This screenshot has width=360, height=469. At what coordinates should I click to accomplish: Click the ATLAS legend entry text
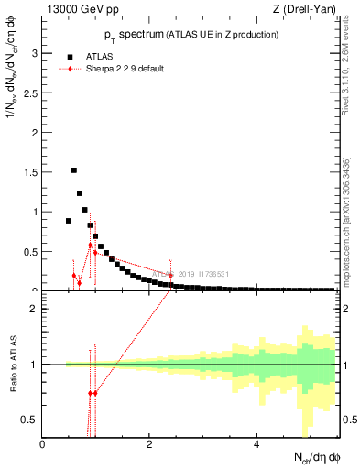(102, 55)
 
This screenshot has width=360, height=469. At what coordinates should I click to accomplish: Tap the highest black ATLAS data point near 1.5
(74, 170)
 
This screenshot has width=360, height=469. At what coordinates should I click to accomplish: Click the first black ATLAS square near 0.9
(69, 221)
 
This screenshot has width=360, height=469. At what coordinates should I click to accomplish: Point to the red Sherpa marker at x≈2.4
(170, 276)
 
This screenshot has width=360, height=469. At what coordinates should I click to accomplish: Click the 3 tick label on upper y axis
(34, 53)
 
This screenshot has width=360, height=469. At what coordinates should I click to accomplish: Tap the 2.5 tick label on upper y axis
(30, 93)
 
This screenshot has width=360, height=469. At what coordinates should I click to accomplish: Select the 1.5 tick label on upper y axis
(30, 172)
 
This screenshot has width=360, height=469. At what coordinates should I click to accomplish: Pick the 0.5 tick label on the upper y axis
(30, 252)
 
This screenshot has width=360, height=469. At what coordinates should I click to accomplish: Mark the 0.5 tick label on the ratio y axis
(30, 420)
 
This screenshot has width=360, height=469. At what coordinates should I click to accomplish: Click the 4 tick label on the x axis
(257, 443)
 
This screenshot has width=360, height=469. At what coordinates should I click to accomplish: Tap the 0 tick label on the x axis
(43, 443)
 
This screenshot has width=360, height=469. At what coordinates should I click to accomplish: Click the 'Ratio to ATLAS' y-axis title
(11, 365)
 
